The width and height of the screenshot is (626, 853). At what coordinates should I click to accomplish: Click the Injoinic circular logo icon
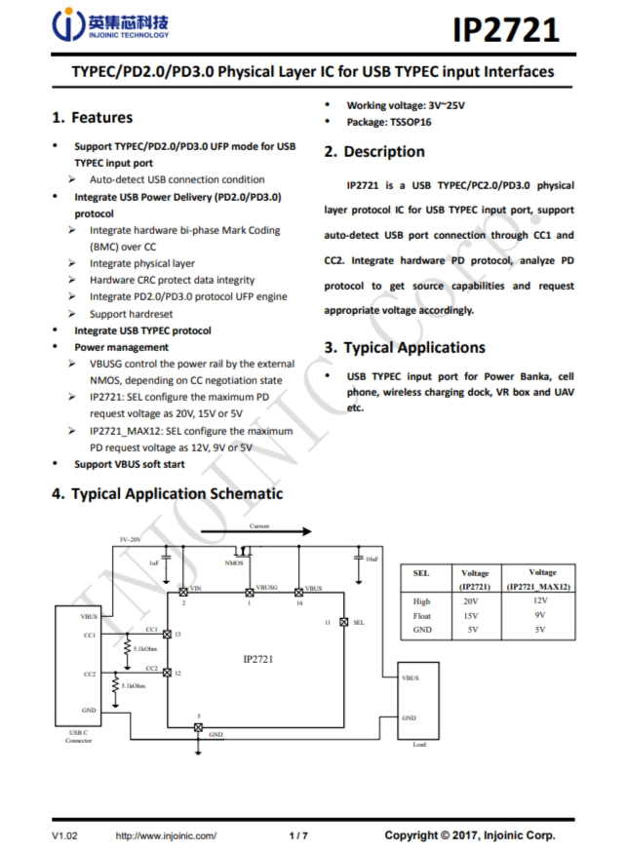click(x=70, y=26)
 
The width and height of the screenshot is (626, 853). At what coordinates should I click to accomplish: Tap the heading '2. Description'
click(x=374, y=152)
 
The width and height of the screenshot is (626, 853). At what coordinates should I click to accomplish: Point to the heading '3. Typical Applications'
click(x=404, y=348)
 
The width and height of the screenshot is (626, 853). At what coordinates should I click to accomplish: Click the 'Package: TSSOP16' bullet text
click(x=390, y=122)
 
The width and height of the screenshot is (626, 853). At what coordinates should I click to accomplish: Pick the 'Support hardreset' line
click(x=131, y=314)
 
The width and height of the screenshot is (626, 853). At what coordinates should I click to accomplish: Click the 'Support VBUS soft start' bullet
click(x=130, y=464)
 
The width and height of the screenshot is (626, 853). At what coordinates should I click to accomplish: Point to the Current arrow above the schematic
click(x=259, y=532)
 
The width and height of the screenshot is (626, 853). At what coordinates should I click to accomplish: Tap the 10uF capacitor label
click(x=372, y=560)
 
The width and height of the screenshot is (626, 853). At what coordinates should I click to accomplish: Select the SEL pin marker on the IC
click(x=343, y=622)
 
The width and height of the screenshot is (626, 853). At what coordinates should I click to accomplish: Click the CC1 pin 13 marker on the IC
click(x=167, y=635)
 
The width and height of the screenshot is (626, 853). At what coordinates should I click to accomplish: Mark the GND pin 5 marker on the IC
click(x=199, y=726)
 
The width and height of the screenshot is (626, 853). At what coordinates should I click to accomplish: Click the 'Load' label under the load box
click(x=419, y=745)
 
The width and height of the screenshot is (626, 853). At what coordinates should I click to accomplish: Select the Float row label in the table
click(x=421, y=615)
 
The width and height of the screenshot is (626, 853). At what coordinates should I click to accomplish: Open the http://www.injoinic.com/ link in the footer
click(x=166, y=835)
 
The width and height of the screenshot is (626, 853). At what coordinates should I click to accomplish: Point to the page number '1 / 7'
click(x=298, y=835)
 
